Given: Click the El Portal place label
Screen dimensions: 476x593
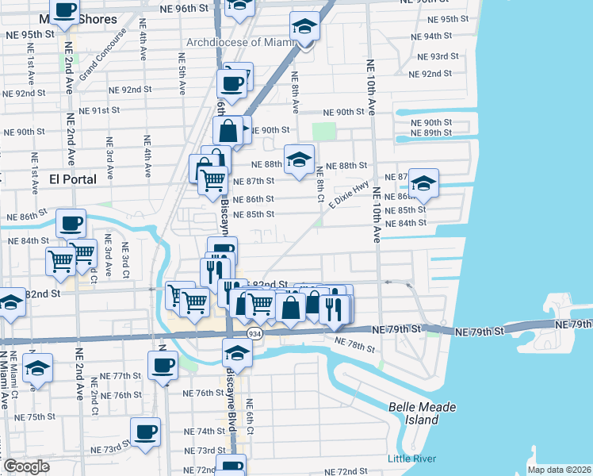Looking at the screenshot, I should point(73,179).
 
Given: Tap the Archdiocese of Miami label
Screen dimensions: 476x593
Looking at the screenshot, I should point(235,42).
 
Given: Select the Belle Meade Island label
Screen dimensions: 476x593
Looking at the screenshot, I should point(413,413).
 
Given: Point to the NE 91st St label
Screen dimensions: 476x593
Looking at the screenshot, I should point(110,110).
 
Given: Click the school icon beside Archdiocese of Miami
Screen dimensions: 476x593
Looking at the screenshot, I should point(304,26).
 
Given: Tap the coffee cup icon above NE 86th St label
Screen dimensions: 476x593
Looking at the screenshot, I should point(71,222).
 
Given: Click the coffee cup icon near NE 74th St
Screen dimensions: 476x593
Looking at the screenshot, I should point(145,432).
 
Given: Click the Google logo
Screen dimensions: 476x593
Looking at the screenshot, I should point(27,466).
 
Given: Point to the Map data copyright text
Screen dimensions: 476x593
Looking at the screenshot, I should point(560,470).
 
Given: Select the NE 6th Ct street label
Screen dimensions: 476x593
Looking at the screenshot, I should point(249,416).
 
